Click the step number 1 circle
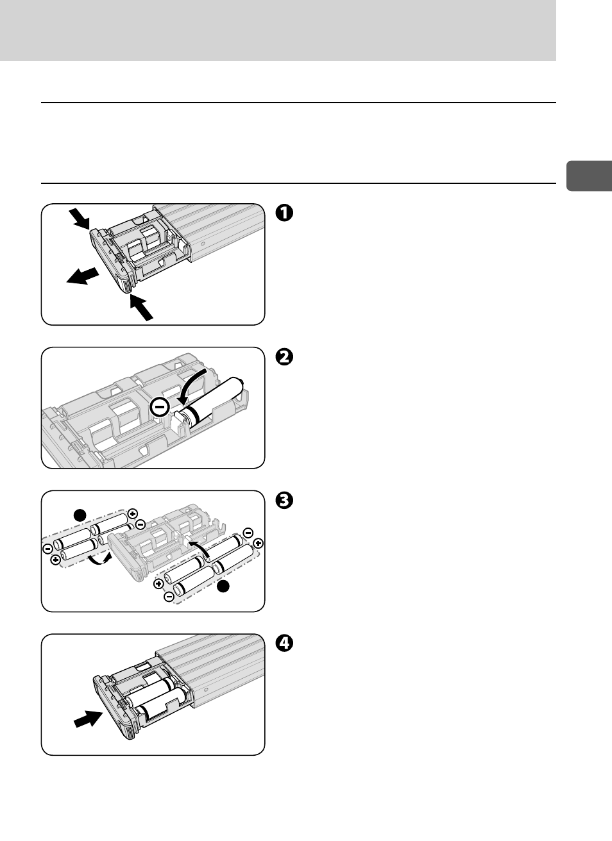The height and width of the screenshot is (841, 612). [284, 213]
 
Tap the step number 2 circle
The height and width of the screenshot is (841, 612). [284, 356]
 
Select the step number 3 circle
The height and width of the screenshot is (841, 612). [284, 500]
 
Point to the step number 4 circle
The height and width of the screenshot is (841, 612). [284, 643]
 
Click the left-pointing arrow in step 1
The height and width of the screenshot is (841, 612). [83, 277]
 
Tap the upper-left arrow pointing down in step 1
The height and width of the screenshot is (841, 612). [81, 220]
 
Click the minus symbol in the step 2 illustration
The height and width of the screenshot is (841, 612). [160, 406]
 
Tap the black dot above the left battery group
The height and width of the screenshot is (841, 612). [79, 514]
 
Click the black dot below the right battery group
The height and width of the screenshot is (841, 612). [223, 587]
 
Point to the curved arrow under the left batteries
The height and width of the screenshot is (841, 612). [99, 560]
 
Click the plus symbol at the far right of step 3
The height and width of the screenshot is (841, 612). [259, 543]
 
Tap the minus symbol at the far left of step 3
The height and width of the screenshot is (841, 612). [47, 549]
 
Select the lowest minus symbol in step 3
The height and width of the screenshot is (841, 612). [169, 597]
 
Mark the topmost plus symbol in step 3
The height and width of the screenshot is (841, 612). [132, 513]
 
